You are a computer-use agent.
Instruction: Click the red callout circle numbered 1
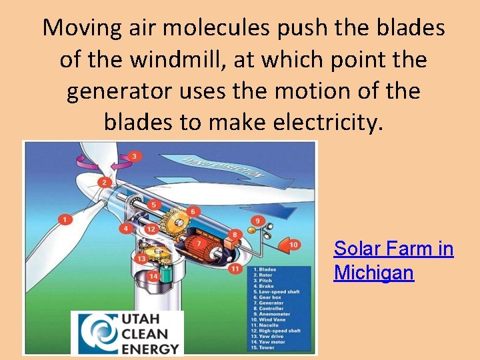pos(65,219)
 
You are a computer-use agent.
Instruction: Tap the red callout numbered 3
pos(135,156)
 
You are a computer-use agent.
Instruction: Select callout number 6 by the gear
pos(194,212)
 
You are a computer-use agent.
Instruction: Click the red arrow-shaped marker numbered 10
pos(291,245)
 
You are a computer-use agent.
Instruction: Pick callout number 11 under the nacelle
pos(234,269)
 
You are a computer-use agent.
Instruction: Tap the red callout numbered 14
pos(154,276)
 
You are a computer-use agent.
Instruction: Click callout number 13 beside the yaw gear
pos(141,259)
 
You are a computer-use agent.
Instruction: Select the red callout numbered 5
pos(155,205)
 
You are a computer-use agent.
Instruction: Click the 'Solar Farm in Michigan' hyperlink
pos(393,261)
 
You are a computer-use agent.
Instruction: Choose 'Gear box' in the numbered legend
pos(270,297)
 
